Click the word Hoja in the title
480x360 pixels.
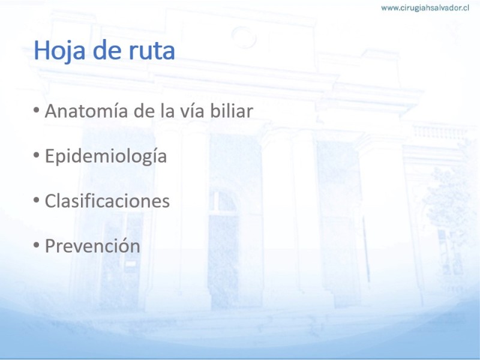click(x=59, y=51)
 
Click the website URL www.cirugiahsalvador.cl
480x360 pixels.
click(x=425, y=8)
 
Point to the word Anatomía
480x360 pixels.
click(x=86, y=110)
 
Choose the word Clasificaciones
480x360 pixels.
click(x=107, y=200)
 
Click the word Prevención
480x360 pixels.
click(x=92, y=246)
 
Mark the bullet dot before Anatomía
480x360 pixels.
click(x=37, y=110)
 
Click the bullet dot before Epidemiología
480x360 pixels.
click(x=37, y=155)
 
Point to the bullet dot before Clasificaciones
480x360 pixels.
click(x=37, y=200)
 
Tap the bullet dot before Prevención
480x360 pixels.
click(x=37, y=245)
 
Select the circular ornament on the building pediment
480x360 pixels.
click(x=244, y=37)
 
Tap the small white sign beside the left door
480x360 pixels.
click(x=131, y=264)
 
